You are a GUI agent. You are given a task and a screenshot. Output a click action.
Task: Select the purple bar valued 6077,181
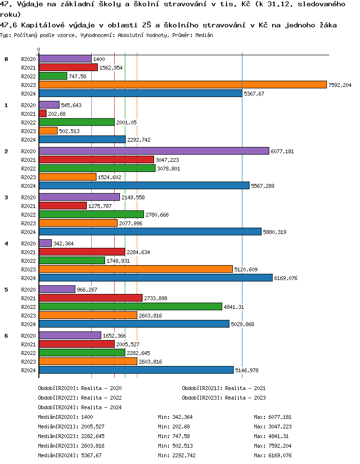(x=154, y=151)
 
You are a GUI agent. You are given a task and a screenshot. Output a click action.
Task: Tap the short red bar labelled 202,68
(x=42, y=113)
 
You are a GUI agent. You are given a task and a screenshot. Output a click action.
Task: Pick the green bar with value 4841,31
(x=130, y=306)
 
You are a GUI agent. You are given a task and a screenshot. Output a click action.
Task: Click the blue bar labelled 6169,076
(x=156, y=278)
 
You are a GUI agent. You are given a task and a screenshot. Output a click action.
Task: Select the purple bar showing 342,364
(x=45, y=243)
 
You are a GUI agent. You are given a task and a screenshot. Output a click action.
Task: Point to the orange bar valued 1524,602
(x=67, y=177)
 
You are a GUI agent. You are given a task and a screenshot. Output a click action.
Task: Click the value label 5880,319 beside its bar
(x=275, y=232)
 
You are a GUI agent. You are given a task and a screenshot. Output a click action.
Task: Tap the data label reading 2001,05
(x=126, y=122)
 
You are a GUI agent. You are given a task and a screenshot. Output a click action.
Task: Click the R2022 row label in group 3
(x=29, y=215)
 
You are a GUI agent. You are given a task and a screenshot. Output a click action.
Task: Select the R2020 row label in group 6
(x=29, y=336)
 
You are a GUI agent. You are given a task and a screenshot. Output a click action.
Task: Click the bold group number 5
(x=6, y=290)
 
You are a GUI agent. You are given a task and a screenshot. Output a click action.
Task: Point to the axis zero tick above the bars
(x=38, y=50)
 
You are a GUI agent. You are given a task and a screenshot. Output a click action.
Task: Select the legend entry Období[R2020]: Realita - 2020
(x=80, y=388)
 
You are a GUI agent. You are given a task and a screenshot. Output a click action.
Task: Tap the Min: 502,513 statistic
(x=175, y=446)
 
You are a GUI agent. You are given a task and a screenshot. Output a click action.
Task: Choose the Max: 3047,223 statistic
(x=273, y=427)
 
